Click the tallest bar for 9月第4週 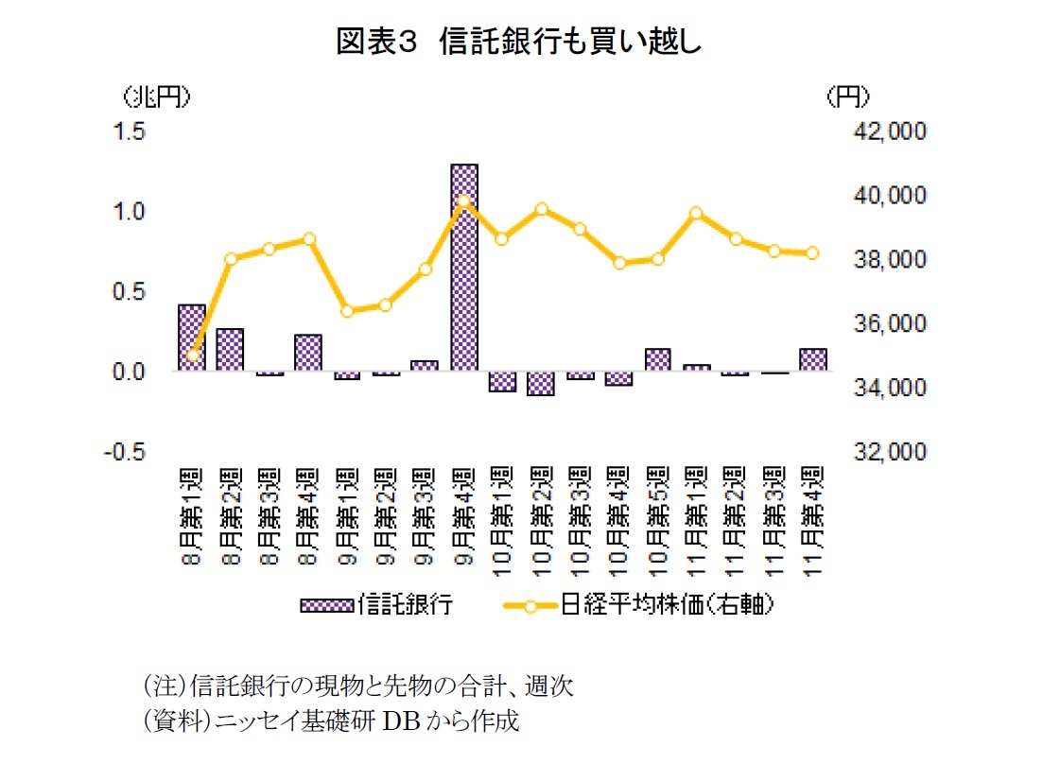pos(464,268)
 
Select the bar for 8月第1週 pos(192,338)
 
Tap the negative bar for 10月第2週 pos(541,383)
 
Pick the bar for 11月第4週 pos(812,360)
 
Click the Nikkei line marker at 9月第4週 pos(463,200)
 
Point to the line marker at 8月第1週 pos(193,356)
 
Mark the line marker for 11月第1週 pos(696,213)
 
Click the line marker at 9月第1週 pos(347,311)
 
